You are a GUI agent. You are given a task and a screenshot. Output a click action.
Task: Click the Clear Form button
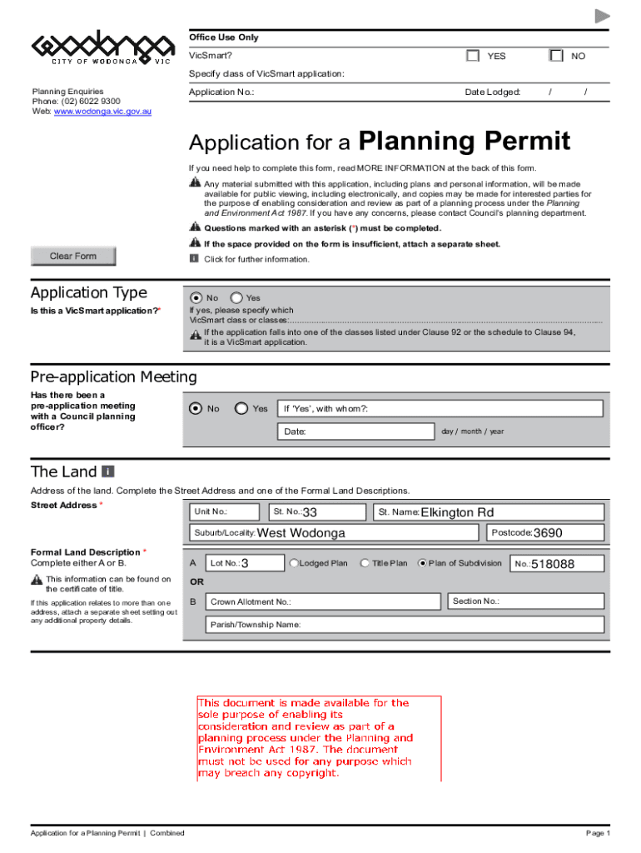pyautogui.click(x=73, y=257)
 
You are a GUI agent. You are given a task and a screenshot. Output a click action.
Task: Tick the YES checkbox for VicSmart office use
pyautogui.click(x=473, y=56)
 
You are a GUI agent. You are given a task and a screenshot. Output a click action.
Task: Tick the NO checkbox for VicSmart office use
pyautogui.click(x=556, y=56)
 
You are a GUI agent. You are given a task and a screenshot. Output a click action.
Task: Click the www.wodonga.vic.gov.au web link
pyautogui.click(x=102, y=111)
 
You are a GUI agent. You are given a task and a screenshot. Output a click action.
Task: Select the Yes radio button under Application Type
pyautogui.click(x=236, y=297)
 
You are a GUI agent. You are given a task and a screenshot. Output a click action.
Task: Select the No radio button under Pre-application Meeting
pyautogui.click(x=196, y=408)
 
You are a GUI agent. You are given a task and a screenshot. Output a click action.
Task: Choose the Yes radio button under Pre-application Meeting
pyautogui.click(x=241, y=408)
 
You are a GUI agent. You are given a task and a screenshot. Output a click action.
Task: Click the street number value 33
pyautogui.click(x=309, y=512)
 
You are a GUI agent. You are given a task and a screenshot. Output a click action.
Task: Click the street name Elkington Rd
pyautogui.click(x=457, y=512)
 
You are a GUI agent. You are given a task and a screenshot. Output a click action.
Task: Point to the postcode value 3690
pyautogui.click(x=548, y=533)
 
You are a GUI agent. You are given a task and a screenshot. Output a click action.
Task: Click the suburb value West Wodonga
pyautogui.click(x=301, y=533)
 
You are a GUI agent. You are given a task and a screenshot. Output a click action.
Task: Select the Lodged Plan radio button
pyautogui.click(x=294, y=563)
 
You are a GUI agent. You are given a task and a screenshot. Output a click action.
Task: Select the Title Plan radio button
pyautogui.click(x=365, y=563)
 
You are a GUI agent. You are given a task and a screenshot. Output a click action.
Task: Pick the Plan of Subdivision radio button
pyautogui.click(x=422, y=563)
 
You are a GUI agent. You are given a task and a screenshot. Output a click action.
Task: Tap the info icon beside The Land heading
pyautogui.click(x=108, y=471)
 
